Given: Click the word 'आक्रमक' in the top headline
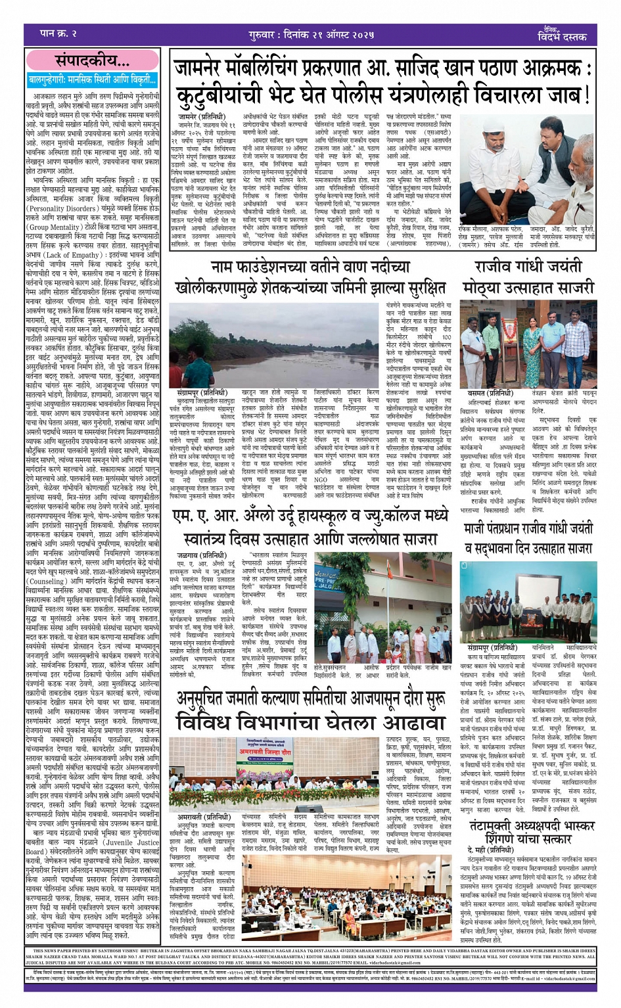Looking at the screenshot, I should (551, 68).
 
